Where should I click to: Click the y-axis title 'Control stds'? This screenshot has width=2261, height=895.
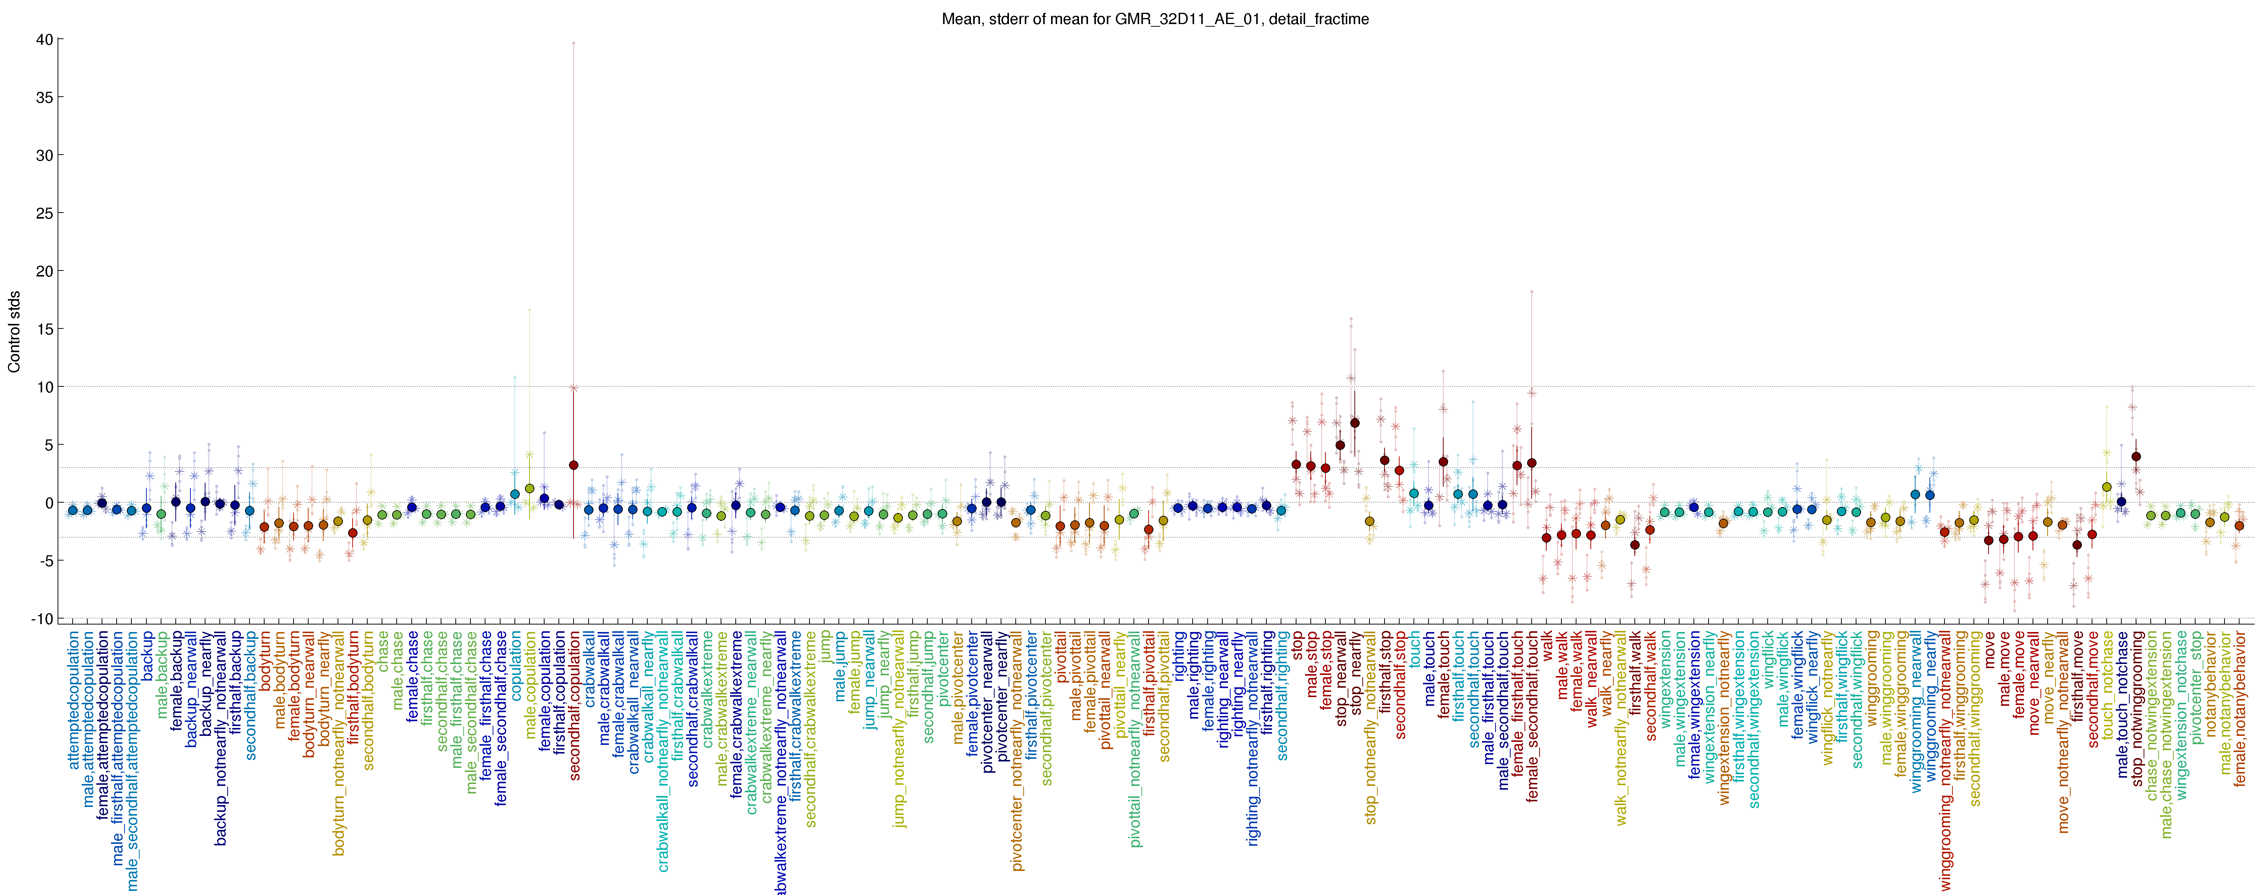pyautogui.click(x=14, y=332)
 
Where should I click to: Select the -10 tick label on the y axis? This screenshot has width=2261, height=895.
pyautogui.click(x=40, y=618)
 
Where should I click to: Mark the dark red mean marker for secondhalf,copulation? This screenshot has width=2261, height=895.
pyautogui.click(x=573, y=465)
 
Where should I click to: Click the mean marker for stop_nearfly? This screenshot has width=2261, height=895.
pyautogui.click(x=1354, y=423)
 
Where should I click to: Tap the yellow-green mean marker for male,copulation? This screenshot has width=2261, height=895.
pyautogui.click(x=529, y=488)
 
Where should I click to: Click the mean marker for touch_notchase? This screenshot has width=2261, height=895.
pyautogui.click(x=2107, y=487)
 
